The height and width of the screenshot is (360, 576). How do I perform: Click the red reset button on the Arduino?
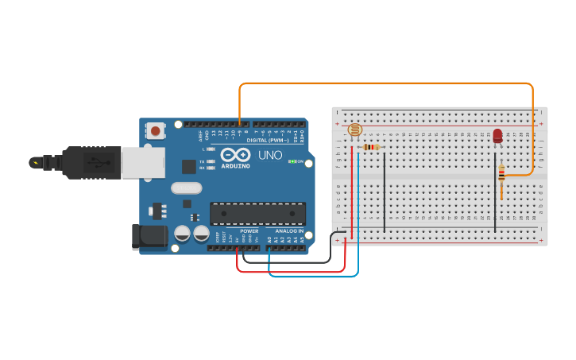(156, 130)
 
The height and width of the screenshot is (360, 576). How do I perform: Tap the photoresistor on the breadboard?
(355, 130)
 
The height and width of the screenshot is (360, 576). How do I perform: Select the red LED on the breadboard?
(498, 135)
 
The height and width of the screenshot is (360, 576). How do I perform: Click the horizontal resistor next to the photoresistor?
(370, 147)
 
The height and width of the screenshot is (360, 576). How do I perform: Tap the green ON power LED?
(292, 161)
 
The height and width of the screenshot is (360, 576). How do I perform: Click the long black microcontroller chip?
(257, 213)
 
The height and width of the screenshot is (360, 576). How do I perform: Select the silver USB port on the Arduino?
(143, 163)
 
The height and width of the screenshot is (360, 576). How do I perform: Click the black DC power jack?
(149, 238)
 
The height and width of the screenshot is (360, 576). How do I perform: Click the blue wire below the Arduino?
(314, 277)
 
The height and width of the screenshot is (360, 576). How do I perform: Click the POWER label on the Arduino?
(249, 231)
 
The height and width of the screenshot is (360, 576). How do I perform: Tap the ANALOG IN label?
(289, 231)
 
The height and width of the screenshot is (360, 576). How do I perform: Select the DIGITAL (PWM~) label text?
(267, 140)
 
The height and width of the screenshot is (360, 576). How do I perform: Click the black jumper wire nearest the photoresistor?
(385, 191)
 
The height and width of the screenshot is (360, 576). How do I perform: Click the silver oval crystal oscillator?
(187, 188)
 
